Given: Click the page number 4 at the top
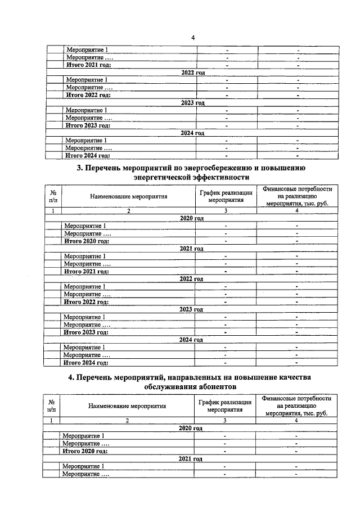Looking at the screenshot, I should coord(192,38).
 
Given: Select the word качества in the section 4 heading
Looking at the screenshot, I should coord(294,377).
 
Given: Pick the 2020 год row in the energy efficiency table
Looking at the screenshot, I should coord(191,218).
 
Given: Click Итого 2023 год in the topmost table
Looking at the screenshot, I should coord(87,125).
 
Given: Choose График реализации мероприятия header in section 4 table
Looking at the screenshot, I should coord(224,406).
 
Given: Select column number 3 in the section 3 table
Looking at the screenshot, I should coord(225,210).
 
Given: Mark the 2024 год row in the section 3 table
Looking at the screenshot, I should coord(191,340).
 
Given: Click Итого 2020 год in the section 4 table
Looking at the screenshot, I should coord(85,451).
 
